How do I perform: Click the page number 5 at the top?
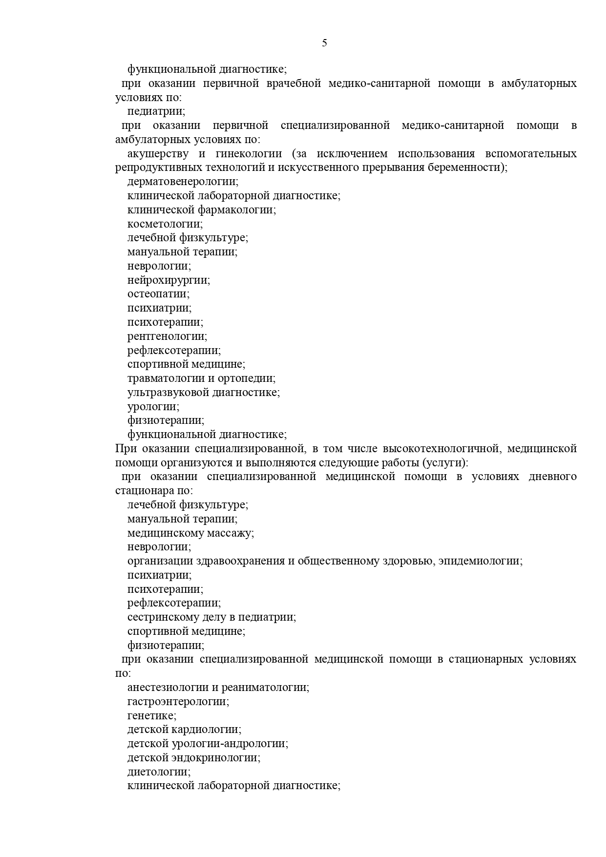pos(325,43)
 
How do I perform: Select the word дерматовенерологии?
pos(182,182)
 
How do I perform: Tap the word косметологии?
pos(165,224)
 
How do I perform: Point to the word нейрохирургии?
pos(168,280)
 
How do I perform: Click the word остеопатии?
pos(158,294)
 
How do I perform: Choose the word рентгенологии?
pos(167,336)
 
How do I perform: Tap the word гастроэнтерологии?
pos(178,702)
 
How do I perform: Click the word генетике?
pos(151,716)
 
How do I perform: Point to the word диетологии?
pos(158,772)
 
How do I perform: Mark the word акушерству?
pos(158,154)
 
